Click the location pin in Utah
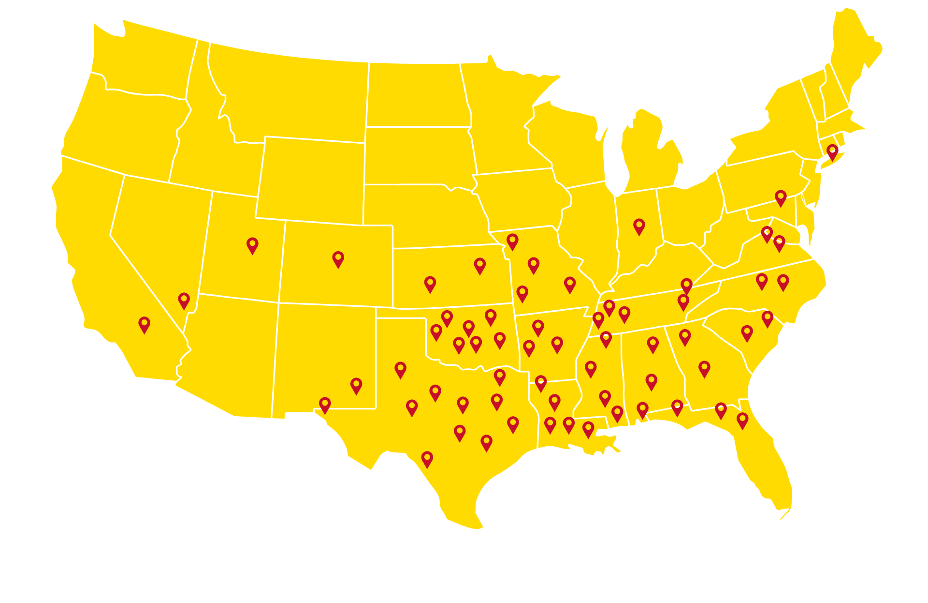252,245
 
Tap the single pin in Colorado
338,259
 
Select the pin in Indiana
639,226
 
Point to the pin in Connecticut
832,151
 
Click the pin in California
144,324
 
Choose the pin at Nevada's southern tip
184,300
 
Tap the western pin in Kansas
430,284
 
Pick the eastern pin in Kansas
479,266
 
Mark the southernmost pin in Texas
427,459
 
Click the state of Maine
855,53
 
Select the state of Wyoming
312,179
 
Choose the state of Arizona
227,353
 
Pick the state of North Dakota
416,94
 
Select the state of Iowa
522,201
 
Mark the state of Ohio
689,213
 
